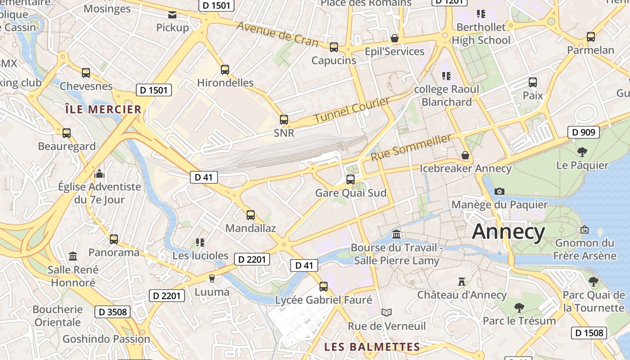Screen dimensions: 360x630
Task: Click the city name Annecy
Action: click(508, 232)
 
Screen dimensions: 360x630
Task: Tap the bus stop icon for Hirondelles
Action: click(225, 70)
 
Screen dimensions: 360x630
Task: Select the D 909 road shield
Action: click(584, 132)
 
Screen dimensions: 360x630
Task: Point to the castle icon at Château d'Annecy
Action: click(461, 282)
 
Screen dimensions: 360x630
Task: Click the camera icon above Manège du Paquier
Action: click(499, 191)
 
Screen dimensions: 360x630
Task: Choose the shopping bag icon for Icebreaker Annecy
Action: click(465, 155)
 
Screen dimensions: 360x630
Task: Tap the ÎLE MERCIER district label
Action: click(103, 109)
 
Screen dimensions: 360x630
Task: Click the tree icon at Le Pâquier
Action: click(582, 152)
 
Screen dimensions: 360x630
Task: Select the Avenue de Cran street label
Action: click(277, 34)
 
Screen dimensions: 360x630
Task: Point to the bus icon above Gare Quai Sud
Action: click(351, 180)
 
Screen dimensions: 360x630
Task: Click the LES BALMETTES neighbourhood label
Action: click(372, 347)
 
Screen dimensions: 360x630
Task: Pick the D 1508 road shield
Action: click(589, 333)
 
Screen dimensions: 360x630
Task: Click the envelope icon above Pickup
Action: click(172, 15)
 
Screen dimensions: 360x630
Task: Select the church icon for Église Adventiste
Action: click(99, 174)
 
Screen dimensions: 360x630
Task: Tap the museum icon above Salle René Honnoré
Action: click(73, 256)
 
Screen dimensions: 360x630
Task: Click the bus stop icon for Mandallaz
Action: click(251, 215)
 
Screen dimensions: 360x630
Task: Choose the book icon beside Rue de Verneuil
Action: click(386, 312)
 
